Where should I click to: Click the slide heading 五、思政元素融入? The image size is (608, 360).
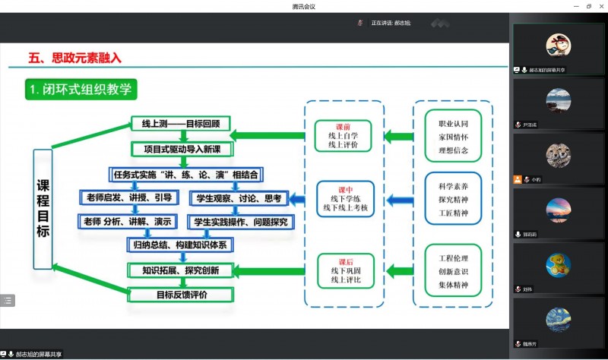point(74,57)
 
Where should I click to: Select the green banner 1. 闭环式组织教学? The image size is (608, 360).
point(81,90)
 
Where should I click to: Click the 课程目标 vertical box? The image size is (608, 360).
point(43,209)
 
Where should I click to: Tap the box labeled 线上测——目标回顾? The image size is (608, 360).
point(180,124)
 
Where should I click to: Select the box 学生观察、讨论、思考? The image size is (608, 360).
point(239,198)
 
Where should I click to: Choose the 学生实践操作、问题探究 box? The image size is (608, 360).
point(240,222)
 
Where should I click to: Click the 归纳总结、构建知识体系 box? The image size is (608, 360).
point(180,245)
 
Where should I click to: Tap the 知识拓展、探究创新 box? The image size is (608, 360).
point(180,270)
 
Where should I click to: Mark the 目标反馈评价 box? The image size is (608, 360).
point(181,295)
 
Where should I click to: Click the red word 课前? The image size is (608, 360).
point(344,127)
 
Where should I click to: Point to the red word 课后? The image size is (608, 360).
point(344,260)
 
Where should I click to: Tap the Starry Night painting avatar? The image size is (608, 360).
point(558,320)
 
